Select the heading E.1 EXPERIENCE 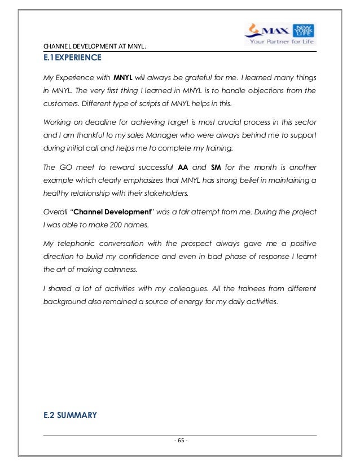pos(68,58)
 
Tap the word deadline pos(100,124)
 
